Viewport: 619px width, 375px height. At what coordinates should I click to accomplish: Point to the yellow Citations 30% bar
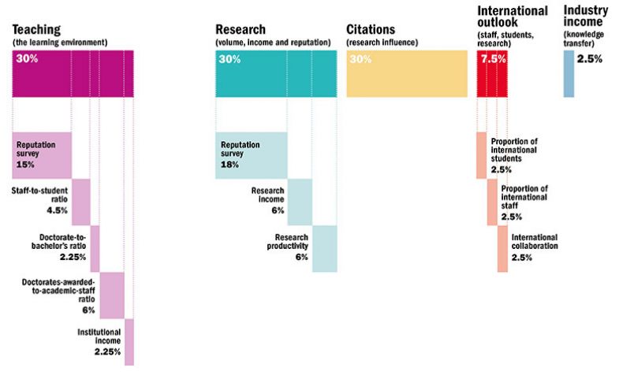[407, 73]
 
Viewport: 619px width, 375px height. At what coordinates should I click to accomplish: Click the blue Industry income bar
[569, 73]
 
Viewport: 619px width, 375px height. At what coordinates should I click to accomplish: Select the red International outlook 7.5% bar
[492, 73]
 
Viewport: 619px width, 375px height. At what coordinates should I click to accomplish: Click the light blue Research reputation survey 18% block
[252, 155]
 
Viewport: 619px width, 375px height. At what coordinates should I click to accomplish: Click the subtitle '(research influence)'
[382, 42]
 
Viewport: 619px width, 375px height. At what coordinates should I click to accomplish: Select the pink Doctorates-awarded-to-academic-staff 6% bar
[112, 295]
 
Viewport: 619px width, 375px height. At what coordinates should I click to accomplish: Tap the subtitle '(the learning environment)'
[59, 42]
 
